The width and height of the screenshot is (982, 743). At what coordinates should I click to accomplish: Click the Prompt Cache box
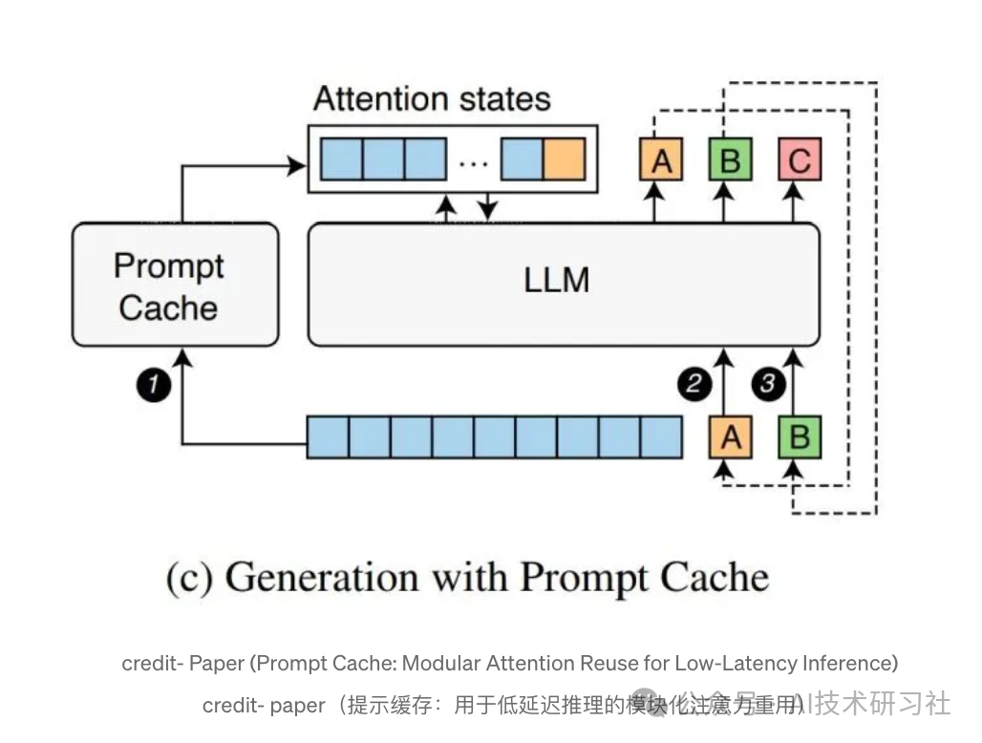(175, 285)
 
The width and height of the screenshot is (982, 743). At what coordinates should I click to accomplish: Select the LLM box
(563, 284)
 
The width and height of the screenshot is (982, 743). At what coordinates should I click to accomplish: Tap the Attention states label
(432, 99)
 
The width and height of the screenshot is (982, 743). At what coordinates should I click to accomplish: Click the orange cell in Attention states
(564, 159)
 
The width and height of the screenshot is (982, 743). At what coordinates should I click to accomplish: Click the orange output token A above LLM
(661, 159)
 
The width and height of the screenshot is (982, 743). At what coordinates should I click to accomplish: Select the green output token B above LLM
(730, 159)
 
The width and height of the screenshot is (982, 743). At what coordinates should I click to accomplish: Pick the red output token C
(800, 159)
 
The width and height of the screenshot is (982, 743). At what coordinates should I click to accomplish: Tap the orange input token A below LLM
(731, 436)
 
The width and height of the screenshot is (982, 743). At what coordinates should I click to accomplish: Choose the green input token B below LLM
(801, 436)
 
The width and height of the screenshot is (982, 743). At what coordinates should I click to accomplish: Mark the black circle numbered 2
(694, 384)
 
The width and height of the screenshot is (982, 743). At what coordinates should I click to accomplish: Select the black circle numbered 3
(768, 384)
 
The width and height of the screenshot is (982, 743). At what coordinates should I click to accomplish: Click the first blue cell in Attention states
(341, 159)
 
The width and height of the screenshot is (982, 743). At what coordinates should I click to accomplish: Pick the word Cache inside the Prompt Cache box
(168, 308)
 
